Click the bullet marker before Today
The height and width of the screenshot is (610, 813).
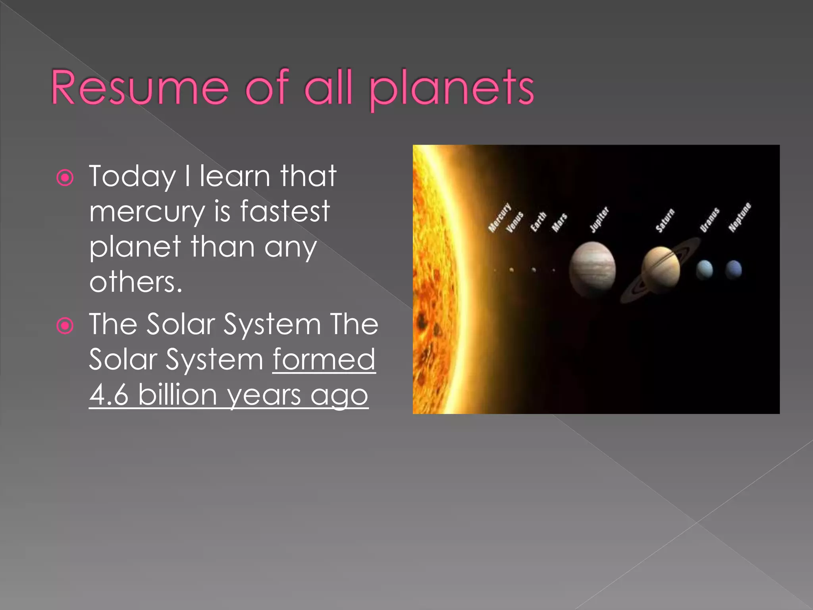(x=65, y=178)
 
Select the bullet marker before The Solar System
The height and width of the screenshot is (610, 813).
(x=65, y=326)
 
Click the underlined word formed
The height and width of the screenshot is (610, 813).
(x=324, y=359)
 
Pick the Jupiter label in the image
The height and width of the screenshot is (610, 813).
(x=599, y=219)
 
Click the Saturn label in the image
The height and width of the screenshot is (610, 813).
(x=665, y=220)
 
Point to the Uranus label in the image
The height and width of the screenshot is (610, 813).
(x=710, y=219)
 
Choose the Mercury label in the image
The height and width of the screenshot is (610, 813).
(x=499, y=217)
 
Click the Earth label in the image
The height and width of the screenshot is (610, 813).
(x=539, y=222)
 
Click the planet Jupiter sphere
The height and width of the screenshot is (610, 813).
(x=592, y=269)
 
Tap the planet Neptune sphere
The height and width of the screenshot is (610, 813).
(x=734, y=270)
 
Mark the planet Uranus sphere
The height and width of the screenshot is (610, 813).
(x=705, y=270)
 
